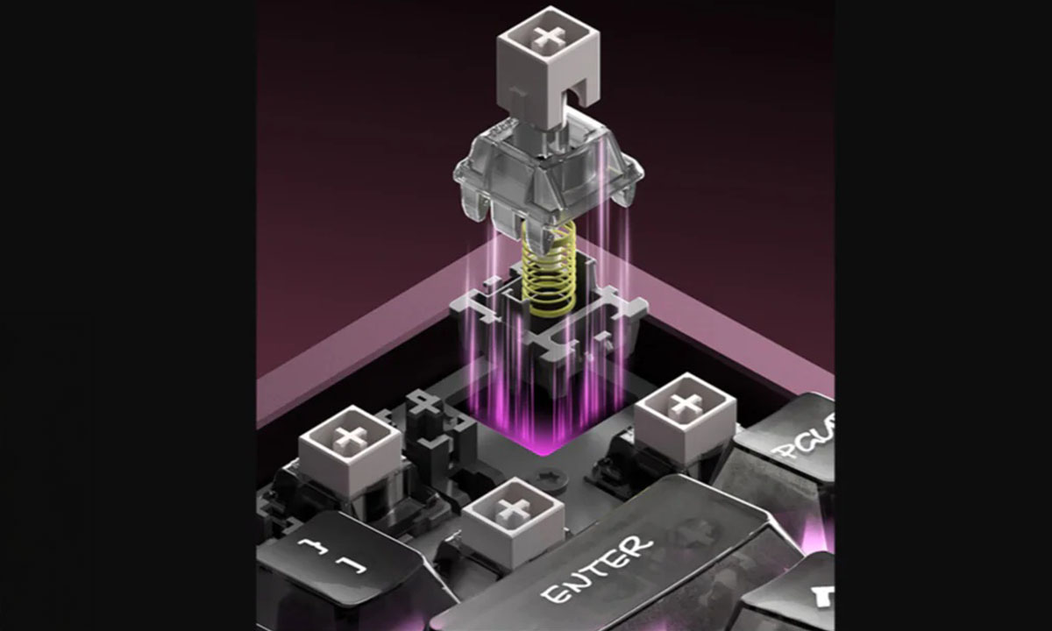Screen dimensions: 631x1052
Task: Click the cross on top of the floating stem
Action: [550, 38]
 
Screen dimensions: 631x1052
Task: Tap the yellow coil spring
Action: [550, 267]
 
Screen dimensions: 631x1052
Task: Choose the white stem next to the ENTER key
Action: [513, 522]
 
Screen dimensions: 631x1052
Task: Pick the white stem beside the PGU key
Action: [685, 417]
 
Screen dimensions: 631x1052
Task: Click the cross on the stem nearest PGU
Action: [685, 404]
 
